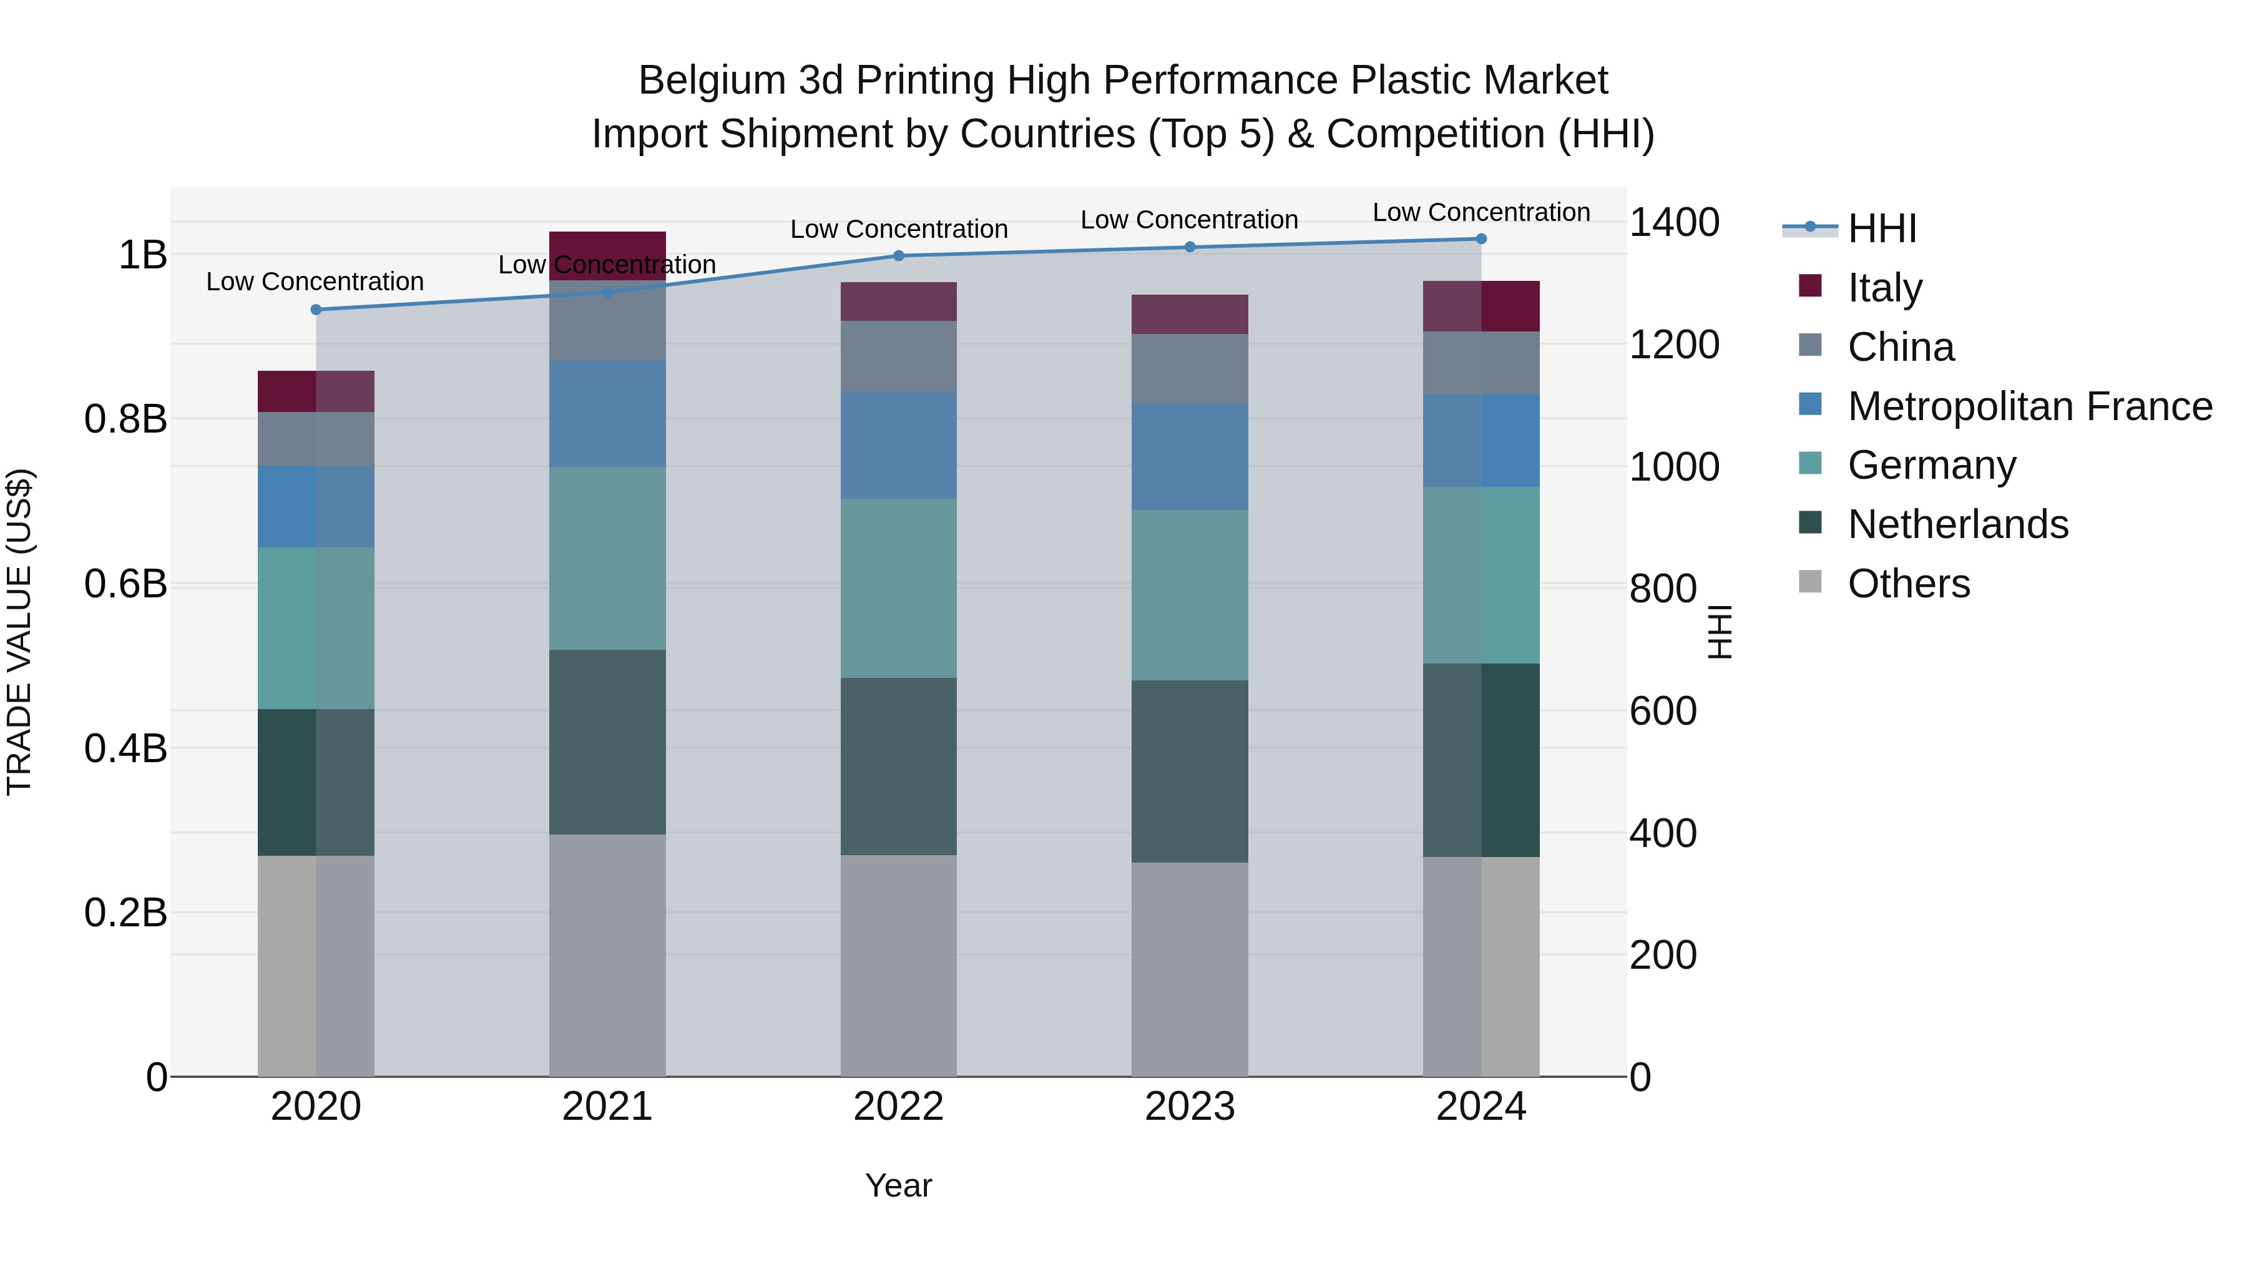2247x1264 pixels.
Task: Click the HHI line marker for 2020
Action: pyautogui.click(x=316, y=310)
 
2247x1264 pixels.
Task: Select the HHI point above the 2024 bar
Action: pyautogui.click(x=1481, y=239)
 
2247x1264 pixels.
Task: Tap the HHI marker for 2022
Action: pyautogui.click(x=898, y=255)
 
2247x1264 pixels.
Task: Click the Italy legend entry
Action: pyautogui.click(x=1884, y=287)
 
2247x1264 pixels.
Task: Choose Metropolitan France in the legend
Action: pyautogui.click(x=2029, y=406)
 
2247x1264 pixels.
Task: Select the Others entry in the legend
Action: pyautogui.click(x=1909, y=584)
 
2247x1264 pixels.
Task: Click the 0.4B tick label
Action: pyautogui.click(x=125, y=748)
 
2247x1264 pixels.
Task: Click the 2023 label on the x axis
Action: pyautogui.click(x=1190, y=1107)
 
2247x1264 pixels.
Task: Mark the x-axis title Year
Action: pyautogui.click(x=898, y=1185)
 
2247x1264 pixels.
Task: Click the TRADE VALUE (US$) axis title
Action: pyautogui.click(x=19, y=632)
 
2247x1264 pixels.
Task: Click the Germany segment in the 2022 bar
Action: pyautogui.click(x=898, y=588)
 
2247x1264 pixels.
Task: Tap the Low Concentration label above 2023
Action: pyautogui.click(x=1189, y=220)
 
